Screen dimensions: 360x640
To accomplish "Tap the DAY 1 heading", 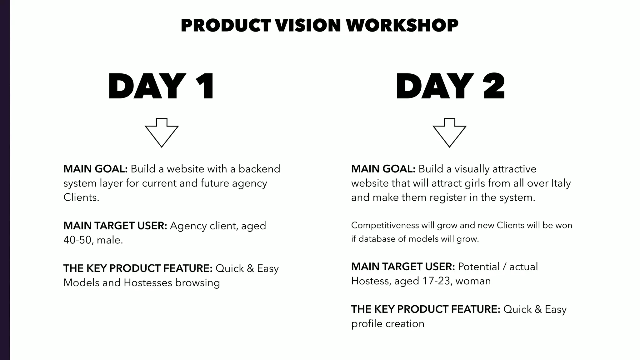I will click(161, 86).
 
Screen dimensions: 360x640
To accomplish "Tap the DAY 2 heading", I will click(450, 86).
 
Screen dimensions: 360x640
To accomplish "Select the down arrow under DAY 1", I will click(162, 132).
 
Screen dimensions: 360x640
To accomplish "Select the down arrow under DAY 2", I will click(449, 132).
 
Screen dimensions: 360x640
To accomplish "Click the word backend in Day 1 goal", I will click(259, 169).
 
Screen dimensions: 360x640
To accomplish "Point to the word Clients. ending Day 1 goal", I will click(81, 197).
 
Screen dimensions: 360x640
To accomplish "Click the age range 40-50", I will click(77, 240).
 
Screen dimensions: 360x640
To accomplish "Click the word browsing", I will click(197, 282).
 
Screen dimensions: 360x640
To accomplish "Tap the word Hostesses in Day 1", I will click(148, 282).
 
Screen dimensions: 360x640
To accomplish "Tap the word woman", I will click(473, 281).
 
